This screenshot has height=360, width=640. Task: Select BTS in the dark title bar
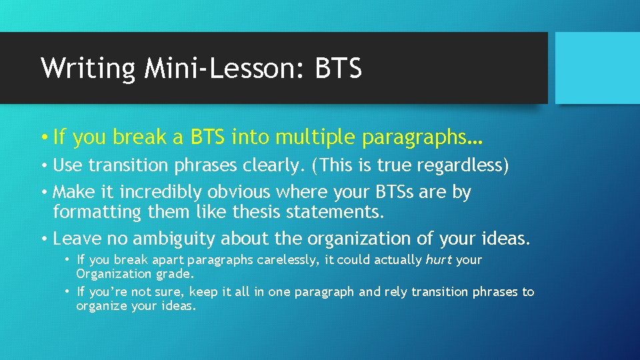point(337,67)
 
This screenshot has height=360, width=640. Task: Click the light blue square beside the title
point(597,67)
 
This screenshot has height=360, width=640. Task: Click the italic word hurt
point(439,260)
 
